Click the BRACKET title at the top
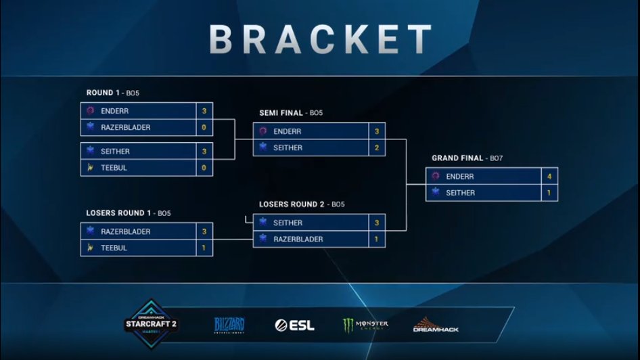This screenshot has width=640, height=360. pos(320,39)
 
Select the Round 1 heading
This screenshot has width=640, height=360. pos(112,93)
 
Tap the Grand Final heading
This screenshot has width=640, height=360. pos(466,158)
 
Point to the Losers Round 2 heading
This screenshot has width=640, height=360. pos(302,204)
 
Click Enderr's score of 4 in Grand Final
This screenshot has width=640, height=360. pos(549,177)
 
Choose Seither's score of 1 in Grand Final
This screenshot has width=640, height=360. pos(549,193)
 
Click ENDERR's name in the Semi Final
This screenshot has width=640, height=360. pos(288,131)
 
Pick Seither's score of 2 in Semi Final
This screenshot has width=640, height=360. pos(376,148)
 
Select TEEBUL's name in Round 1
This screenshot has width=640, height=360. pos(114,168)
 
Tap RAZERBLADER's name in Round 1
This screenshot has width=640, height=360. pos(126,127)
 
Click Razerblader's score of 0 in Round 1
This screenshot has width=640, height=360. pos(204,127)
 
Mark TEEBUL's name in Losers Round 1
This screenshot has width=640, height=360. pos(114,248)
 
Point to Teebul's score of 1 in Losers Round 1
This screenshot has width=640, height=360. pos(204,248)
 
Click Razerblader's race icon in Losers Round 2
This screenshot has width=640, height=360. pos(262,239)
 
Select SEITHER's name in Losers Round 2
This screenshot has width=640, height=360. pos(288,223)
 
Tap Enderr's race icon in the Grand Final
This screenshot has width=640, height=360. pos(436,177)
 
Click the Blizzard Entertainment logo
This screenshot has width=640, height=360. pos(229,325)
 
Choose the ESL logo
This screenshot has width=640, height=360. pos(294,325)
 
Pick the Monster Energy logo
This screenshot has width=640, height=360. pos(365,325)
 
